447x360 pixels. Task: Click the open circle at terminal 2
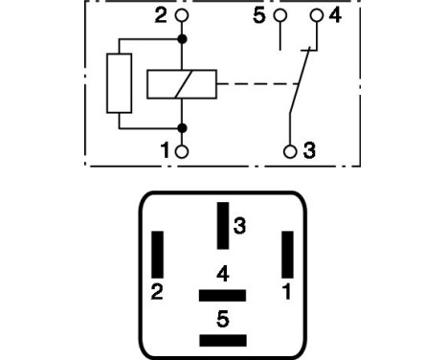coord(183,16)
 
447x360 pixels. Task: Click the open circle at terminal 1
coord(183,150)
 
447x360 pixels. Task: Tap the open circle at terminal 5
coord(279,16)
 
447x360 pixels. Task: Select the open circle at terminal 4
coord(318,16)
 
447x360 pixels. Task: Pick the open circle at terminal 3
coord(290,150)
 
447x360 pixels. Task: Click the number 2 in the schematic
coord(161,16)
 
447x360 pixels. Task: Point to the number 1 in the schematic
coord(165,150)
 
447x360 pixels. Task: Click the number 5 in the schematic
coord(257,16)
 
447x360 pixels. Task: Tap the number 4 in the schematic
coord(335,16)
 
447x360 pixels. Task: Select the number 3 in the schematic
coord(308,150)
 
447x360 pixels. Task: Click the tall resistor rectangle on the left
coord(119,84)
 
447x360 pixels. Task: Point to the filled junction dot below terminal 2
coord(183,40)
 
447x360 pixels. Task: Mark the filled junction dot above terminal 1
coord(183,127)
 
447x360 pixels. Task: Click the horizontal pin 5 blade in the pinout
coord(222,341)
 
